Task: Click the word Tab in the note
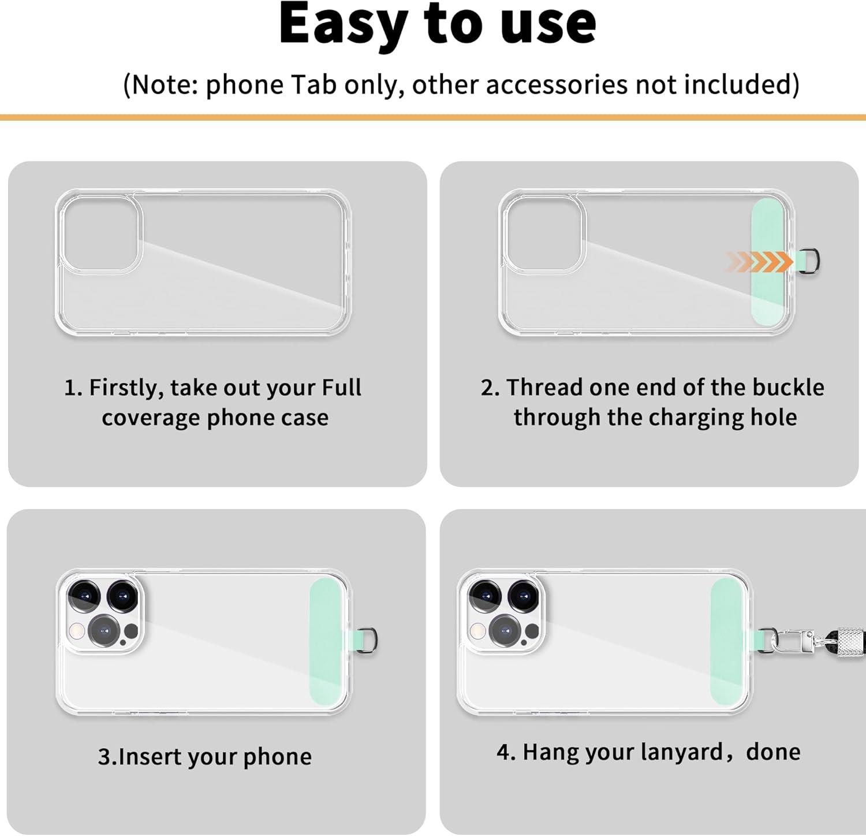click(313, 84)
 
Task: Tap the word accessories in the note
click(556, 84)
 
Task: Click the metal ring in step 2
click(813, 261)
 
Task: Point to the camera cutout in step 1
click(100, 234)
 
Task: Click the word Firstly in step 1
click(126, 388)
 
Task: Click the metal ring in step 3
click(368, 641)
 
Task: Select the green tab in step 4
click(729, 642)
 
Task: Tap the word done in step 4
click(773, 752)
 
